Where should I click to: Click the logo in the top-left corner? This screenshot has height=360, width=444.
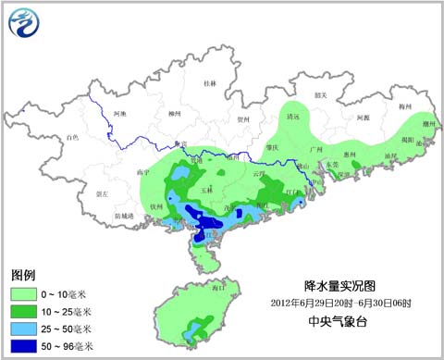point(26,24)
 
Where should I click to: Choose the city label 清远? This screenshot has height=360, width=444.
point(294,118)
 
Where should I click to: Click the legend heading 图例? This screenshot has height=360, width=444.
point(23,276)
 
